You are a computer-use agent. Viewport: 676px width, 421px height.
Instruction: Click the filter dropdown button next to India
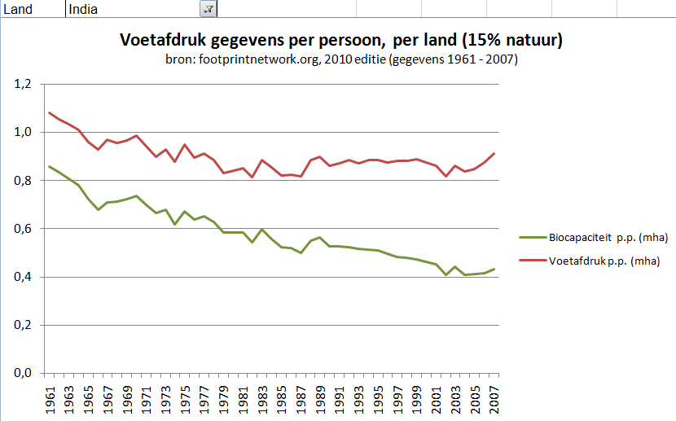(x=208, y=8)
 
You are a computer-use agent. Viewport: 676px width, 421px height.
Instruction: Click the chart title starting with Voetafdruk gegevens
(x=342, y=40)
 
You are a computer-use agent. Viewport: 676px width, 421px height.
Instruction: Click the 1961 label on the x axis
(x=50, y=398)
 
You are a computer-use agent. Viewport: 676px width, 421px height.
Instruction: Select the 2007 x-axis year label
(x=494, y=398)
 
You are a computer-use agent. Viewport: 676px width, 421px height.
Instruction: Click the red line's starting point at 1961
(x=50, y=112)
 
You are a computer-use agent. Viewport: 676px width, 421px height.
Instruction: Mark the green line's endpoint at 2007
(x=494, y=270)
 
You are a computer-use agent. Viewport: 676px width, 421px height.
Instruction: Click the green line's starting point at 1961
(x=50, y=166)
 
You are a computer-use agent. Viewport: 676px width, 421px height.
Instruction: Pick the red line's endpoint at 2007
(x=494, y=153)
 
